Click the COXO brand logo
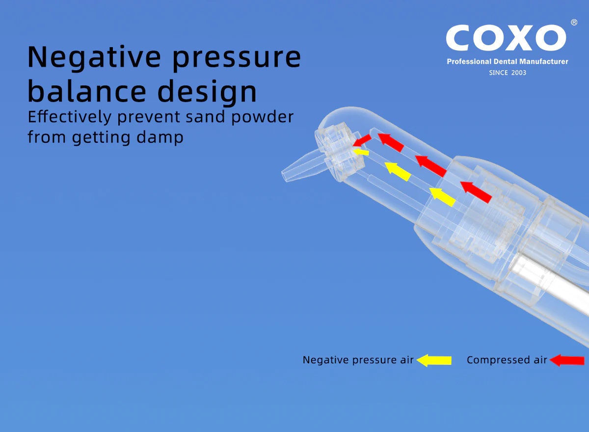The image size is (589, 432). (506, 38)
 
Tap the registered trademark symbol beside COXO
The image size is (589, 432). (574, 23)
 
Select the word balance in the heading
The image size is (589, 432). (87, 91)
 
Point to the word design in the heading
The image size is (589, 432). (207, 92)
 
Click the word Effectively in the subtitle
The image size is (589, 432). (70, 117)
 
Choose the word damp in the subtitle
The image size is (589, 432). (160, 138)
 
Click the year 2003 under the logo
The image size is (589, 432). (518, 73)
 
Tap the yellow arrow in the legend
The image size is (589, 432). (434, 360)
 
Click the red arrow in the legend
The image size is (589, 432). (567, 360)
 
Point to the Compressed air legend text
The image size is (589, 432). (507, 360)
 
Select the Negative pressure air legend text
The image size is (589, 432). (358, 360)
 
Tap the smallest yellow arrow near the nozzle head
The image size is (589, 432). (361, 152)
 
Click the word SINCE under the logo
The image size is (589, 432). (498, 73)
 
